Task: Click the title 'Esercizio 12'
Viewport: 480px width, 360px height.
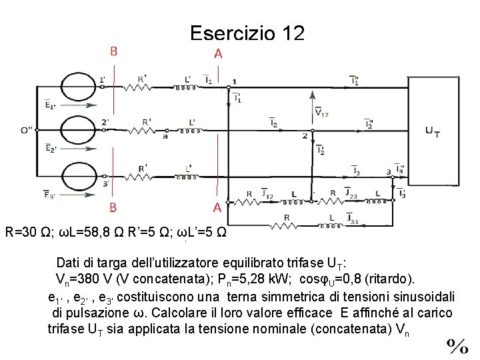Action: tap(247, 33)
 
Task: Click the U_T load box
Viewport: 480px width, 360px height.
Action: tap(433, 131)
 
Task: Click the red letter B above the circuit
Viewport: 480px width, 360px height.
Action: tap(114, 51)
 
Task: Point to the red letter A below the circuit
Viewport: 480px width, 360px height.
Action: tap(217, 207)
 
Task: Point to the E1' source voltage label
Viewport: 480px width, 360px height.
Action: tap(51, 104)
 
